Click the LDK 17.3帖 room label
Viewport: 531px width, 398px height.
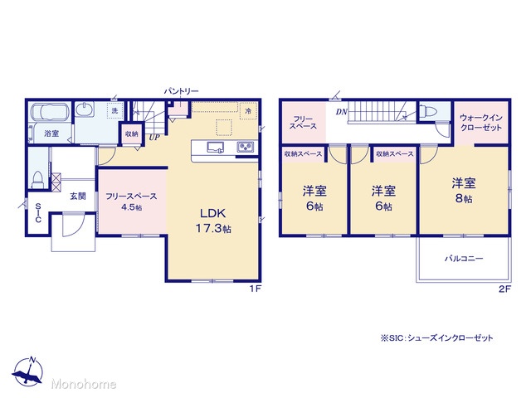coord(213,221)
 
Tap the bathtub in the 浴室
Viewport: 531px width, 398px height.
coord(50,111)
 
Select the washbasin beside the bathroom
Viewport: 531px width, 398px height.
coord(85,110)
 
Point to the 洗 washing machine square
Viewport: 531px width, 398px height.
coord(114,110)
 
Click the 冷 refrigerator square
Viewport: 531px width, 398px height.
coord(248,110)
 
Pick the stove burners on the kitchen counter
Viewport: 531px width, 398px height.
coord(246,148)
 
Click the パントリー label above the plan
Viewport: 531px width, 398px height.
coord(181,91)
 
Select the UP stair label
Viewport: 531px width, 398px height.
coord(154,138)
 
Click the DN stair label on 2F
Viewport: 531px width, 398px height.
coord(342,111)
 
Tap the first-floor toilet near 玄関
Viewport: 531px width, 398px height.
coord(37,180)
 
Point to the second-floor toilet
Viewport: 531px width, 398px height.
coord(428,111)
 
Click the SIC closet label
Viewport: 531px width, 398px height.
coord(38,213)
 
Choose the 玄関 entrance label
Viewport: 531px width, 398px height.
coord(77,196)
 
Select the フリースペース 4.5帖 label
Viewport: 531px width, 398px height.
coord(131,201)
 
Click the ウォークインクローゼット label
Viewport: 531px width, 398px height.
coord(481,123)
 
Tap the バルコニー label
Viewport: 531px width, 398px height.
coord(464,259)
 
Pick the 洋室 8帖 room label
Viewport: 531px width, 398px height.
coord(464,190)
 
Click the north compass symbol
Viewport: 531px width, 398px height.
coord(27,371)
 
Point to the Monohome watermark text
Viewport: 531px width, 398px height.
coord(84,384)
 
